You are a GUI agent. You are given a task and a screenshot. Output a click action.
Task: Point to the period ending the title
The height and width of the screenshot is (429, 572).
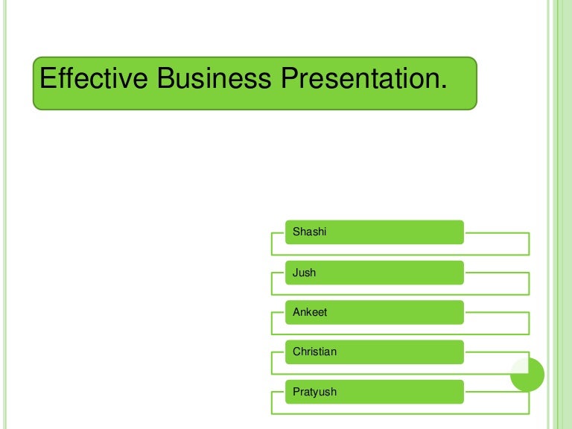click(445, 87)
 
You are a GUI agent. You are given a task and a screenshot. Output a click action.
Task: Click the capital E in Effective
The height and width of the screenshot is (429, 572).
click(46, 78)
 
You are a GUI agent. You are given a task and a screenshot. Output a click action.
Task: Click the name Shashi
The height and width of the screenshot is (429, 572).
click(309, 232)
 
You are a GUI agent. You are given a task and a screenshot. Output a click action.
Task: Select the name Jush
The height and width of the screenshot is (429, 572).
click(304, 273)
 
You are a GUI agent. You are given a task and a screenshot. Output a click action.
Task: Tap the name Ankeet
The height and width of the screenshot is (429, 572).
click(310, 312)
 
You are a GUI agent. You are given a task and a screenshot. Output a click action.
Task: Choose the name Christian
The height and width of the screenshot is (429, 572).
click(314, 352)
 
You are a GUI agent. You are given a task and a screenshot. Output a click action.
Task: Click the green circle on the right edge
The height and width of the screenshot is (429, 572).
click(527, 375)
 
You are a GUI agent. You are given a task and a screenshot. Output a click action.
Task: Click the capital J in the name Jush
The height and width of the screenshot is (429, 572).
click(296, 273)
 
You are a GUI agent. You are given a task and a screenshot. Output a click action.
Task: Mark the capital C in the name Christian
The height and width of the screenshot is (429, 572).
click(296, 352)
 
